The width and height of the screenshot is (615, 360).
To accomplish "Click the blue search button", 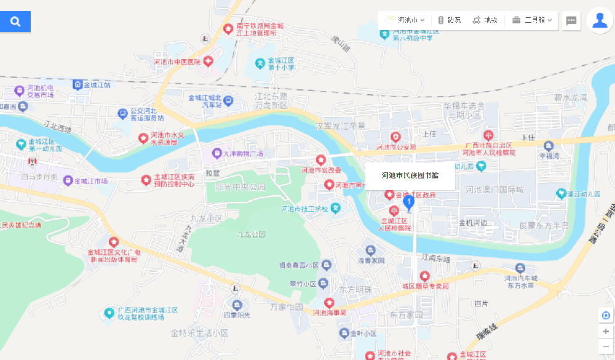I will pyautogui.click(x=15, y=22).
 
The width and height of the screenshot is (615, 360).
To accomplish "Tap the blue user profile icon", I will pyautogui.click(x=600, y=20).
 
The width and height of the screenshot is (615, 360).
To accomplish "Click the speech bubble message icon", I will pyautogui.click(x=571, y=20).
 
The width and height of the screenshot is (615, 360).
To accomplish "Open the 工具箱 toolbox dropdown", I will pyautogui.click(x=533, y=20).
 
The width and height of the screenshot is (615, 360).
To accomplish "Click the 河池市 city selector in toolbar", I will pyautogui.click(x=406, y=20).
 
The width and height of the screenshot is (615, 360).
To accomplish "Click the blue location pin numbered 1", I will pyautogui.click(x=408, y=202).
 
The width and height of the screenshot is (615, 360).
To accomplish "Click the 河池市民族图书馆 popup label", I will pyautogui.click(x=410, y=176).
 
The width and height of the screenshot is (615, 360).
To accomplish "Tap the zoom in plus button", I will pyautogui.click(x=606, y=331).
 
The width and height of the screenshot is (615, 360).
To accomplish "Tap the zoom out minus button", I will pyautogui.click(x=606, y=346).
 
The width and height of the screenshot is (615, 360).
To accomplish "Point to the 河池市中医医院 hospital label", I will pyautogui.click(x=178, y=62).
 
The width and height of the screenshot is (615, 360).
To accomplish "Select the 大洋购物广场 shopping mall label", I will pyautogui.click(x=237, y=153).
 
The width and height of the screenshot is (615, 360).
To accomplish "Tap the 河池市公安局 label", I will pyautogui.click(x=396, y=147).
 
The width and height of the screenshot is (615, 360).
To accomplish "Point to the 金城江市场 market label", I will pyautogui.click(x=91, y=181).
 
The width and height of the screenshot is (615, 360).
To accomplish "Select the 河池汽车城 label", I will pyautogui.click(x=521, y=278).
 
